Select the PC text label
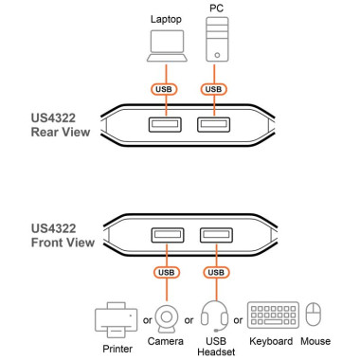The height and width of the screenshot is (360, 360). [215, 8]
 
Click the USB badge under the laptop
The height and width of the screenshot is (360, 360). [165, 90]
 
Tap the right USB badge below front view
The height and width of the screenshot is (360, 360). [215, 273]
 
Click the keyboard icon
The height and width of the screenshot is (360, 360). [273, 315]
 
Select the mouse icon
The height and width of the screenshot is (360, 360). [315, 315]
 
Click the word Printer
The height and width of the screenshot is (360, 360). [116, 346]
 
